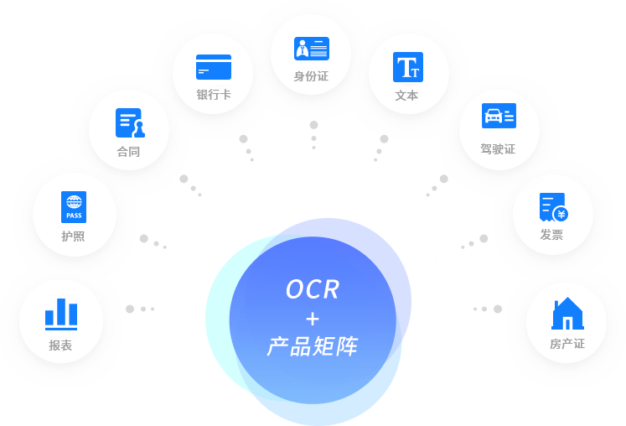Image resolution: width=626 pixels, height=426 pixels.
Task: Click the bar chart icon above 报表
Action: click(61, 313)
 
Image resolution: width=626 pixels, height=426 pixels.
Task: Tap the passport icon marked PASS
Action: click(74, 207)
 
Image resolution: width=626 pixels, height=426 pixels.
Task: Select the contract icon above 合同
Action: click(129, 123)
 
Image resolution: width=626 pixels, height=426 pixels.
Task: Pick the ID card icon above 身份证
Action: click(312, 49)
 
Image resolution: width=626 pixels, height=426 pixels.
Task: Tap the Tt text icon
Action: click(408, 67)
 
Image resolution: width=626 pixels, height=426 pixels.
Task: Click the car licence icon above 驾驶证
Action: click(499, 116)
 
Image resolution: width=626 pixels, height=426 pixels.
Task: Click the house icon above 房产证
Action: click(567, 314)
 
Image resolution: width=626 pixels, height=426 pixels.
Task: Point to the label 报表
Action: click(60, 345)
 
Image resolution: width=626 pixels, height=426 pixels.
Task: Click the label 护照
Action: click(73, 236)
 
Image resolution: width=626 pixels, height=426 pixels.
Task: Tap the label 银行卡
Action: click(214, 95)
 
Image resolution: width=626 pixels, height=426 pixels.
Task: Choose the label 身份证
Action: click(311, 76)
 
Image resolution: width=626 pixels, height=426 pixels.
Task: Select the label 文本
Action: click(407, 96)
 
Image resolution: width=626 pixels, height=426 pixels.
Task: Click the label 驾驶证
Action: click(498, 149)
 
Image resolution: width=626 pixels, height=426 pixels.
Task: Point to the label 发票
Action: click(551, 235)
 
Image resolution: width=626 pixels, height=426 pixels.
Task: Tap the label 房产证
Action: click(567, 344)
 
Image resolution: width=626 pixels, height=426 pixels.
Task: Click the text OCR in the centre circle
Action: click(313, 289)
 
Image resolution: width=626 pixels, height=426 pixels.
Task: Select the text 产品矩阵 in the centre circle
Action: click(313, 345)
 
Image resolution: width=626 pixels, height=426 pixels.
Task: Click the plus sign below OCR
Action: click(313, 319)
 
